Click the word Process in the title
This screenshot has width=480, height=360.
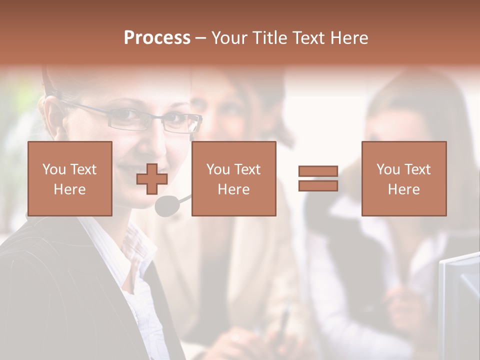pyautogui.click(x=157, y=38)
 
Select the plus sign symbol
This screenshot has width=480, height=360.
pyautogui.click(x=152, y=179)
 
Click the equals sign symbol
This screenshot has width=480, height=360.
pyautogui.click(x=318, y=178)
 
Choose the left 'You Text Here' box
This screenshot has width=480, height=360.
pyautogui.click(x=69, y=178)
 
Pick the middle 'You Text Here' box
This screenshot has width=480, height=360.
pyautogui.click(x=233, y=178)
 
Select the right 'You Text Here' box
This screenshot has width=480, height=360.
pyautogui.click(x=403, y=178)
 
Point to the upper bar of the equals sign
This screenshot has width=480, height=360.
pyautogui.click(x=318, y=171)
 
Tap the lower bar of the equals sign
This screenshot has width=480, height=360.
pyautogui.click(x=318, y=185)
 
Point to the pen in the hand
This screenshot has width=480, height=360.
pyautogui.click(x=283, y=322)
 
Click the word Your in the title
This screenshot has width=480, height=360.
pyautogui.click(x=229, y=38)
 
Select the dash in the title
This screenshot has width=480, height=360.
pyautogui.click(x=200, y=38)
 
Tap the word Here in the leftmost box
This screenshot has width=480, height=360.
pyautogui.click(x=69, y=189)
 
